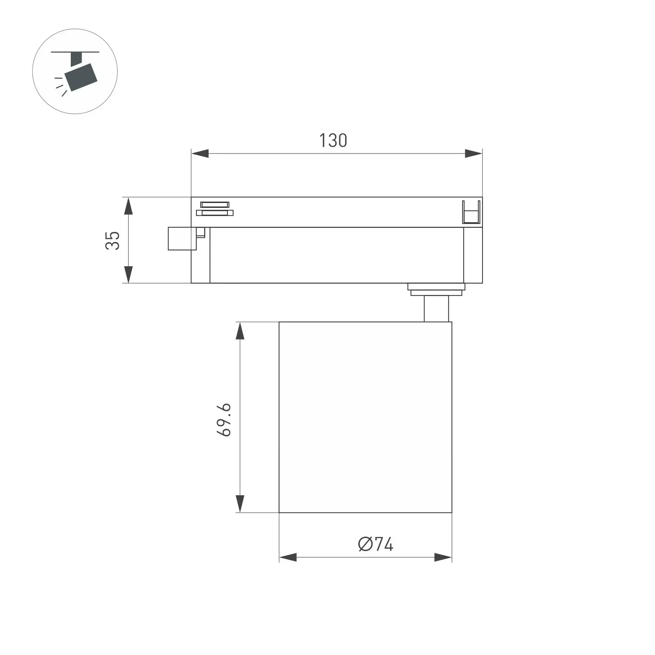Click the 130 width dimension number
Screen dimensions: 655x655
coord(333,141)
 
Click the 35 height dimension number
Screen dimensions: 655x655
coord(112,240)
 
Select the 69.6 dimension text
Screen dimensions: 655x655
coord(224,419)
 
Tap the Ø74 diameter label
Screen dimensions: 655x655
coord(375,544)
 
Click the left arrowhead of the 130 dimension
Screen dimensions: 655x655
coord(200,154)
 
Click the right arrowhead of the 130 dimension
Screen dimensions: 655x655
coord(473,154)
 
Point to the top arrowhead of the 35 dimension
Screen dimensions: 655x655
coord(129,206)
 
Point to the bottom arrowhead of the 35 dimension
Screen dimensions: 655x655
coord(129,275)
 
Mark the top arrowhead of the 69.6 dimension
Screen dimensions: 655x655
coord(240,331)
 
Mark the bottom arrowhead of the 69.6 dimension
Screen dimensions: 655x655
coord(240,504)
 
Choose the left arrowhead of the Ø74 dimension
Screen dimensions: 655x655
coord(288,558)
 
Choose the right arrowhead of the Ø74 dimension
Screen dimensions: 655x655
coord(443,558)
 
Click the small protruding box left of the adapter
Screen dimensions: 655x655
coord(182,239)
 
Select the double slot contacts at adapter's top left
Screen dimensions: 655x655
coord(214,209)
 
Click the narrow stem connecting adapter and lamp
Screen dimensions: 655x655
coord(436,308)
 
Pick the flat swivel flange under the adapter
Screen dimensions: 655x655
coord(436,289)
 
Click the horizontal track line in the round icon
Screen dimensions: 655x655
coord(75,52)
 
